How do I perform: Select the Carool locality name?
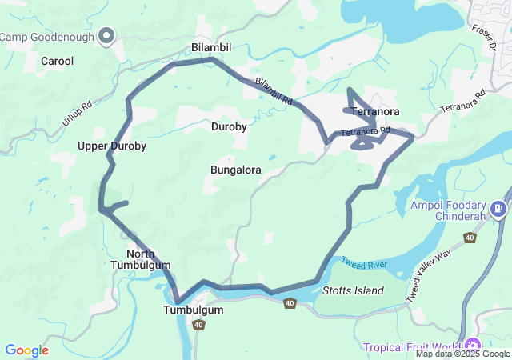[57, 61]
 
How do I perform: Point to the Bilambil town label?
[211, 48]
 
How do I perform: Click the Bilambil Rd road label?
[274, 93]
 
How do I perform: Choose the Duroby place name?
[229, 126]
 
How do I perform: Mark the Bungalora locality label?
[236, 170]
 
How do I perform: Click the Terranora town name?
[375, 112]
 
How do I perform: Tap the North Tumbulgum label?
[141, 259]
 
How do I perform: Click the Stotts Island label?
[353, 290]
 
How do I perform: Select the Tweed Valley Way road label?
[429, 274]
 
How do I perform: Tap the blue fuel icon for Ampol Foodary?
[499, 210]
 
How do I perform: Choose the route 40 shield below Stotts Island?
[289, 303]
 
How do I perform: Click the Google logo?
[26, 350]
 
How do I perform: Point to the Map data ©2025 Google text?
[462, 354]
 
